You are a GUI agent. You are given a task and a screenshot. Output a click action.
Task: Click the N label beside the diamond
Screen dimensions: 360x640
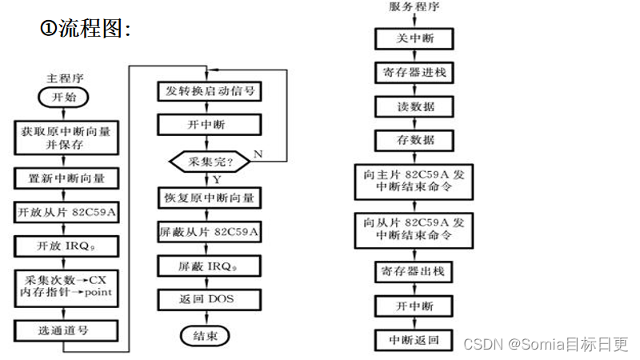click(x=258, y=153)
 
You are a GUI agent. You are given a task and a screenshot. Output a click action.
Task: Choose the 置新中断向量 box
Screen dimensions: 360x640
click(x=67, y=178)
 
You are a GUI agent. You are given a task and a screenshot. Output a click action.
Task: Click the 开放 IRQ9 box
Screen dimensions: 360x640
click(x=67, y=246)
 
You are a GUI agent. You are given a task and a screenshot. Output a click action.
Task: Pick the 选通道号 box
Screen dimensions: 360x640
click(x=67, y=330)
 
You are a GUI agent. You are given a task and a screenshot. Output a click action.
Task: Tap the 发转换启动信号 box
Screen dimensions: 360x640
click(x=209, y=90)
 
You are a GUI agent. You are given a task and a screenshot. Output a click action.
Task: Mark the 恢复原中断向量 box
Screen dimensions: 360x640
click(x=209, y=197)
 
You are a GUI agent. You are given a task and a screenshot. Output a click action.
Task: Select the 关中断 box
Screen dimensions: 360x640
click(x=414, y=38)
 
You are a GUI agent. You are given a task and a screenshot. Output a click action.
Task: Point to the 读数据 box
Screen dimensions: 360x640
click(x=414, y=106)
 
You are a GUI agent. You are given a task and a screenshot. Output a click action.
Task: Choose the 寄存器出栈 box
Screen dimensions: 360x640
click(x=414, y=271)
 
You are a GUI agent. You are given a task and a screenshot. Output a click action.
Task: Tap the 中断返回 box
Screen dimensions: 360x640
click(x=414, y=339)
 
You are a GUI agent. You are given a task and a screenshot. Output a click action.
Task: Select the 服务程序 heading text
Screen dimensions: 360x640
click(x=414, y=7)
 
